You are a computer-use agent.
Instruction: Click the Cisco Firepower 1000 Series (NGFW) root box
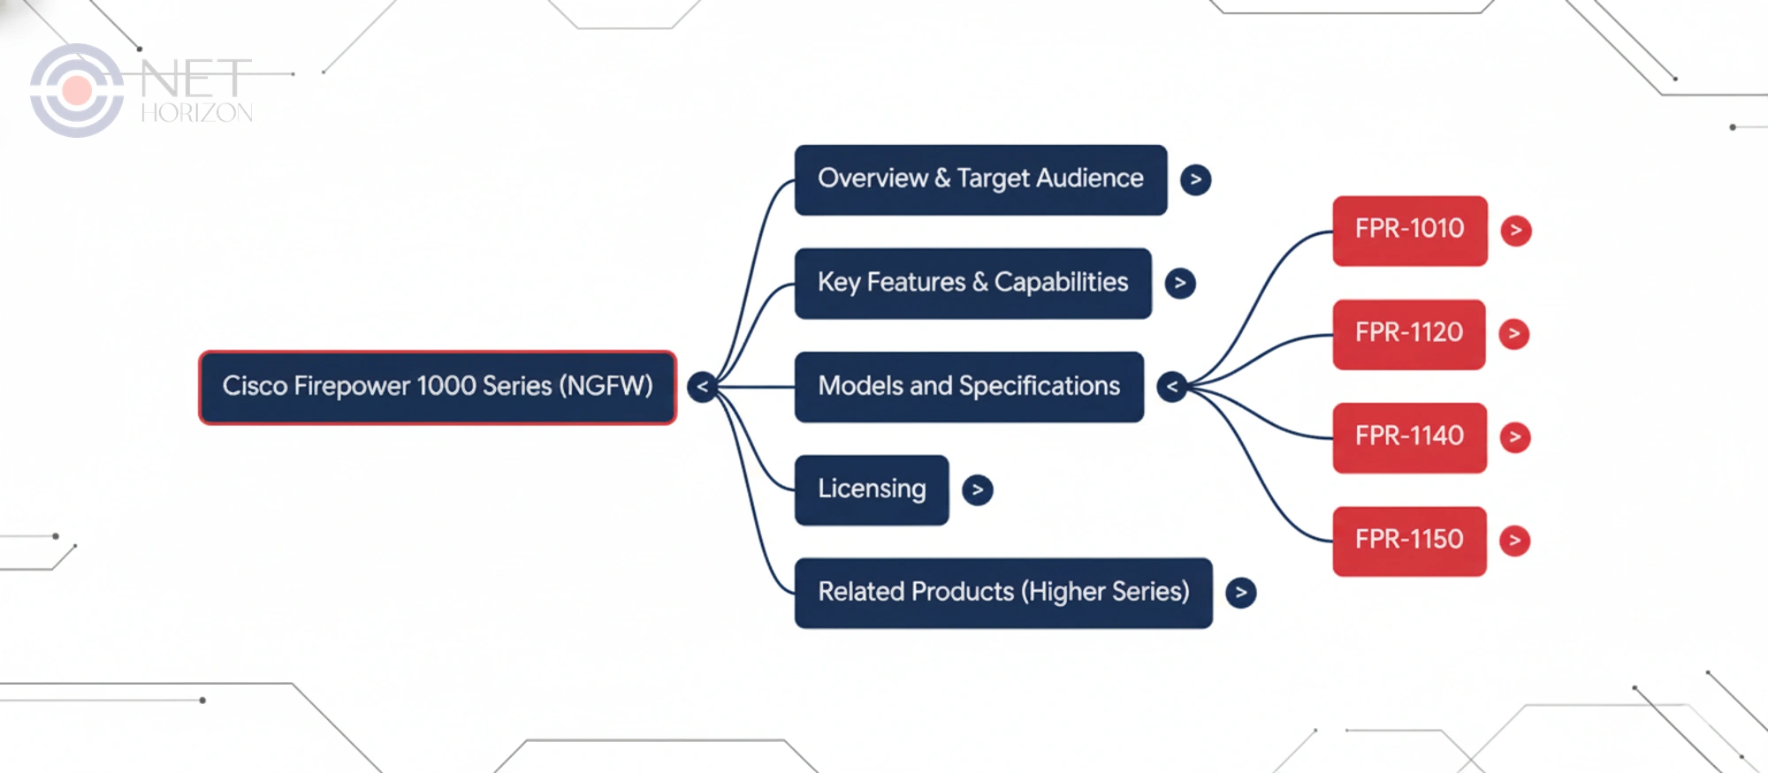click(438, 387)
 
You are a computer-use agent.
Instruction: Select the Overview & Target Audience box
click(980, 179)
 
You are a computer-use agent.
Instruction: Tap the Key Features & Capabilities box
click(972, 283)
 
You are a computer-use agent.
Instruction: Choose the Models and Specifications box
click(969, 387)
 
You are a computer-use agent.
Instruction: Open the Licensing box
click(872, 489)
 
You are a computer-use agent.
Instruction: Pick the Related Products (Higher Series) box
click(1003, 593)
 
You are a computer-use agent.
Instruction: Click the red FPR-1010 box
click(1410, 230)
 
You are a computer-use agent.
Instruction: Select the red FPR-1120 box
click(1409, 334)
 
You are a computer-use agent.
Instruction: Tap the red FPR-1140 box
click(1409, 437)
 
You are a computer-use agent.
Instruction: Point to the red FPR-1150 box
click(1409, 541)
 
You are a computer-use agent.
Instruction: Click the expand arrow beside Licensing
click(978, 489)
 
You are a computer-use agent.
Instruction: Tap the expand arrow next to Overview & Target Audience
click(1196, 179)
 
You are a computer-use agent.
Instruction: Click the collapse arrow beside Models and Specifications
click(1172, 387)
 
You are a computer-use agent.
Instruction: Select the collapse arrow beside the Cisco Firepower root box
click(703, 387)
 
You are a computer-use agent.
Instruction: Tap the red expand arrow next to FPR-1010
click(1516, 231)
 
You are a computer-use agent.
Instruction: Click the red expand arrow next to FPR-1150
click(1515, 541)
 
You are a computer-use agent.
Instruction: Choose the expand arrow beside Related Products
click(1241, 593)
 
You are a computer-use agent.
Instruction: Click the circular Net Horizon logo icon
click(77, 90)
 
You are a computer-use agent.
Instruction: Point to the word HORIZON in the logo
click(196, 113)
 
